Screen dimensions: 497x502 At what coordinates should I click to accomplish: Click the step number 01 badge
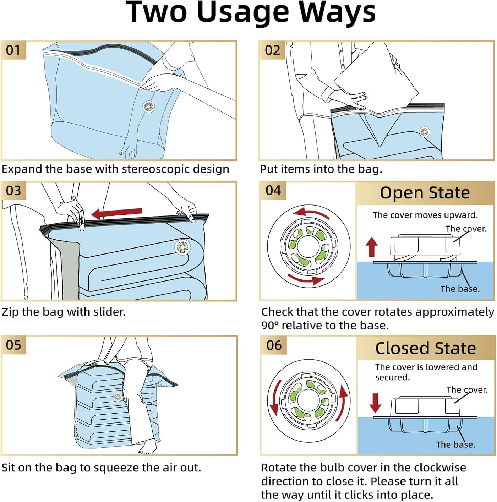click(x=13, y=50)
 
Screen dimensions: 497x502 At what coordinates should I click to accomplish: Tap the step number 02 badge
click(x=272, y=50)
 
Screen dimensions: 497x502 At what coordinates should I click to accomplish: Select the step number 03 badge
click(x=13, y=191)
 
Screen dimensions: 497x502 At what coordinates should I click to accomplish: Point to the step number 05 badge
click(x=13, y=345)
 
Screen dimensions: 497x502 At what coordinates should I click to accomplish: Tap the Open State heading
click(x=425, y=193)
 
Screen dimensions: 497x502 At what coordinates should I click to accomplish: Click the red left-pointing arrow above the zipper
click(x=117, y=213)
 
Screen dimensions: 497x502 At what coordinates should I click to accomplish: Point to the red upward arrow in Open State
click(x=372, y=246)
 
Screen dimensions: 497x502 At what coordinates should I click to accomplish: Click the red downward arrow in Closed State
click(x=375, y=403)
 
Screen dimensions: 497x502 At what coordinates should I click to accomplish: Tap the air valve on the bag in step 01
click(x=148, y=107)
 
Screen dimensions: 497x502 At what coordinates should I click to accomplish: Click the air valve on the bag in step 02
click(x=424, y=132)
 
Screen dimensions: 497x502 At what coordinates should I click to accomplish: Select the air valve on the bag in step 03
click(x=182, y=246)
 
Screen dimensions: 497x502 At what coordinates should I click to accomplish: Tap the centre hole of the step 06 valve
click(x=308, y=401)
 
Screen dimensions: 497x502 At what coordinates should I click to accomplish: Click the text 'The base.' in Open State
click(x=460, y=289)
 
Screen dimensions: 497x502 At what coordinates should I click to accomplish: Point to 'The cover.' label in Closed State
click(x=467, y=390)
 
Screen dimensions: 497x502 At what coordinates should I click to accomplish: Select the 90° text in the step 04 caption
click(x=270, y=325)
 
